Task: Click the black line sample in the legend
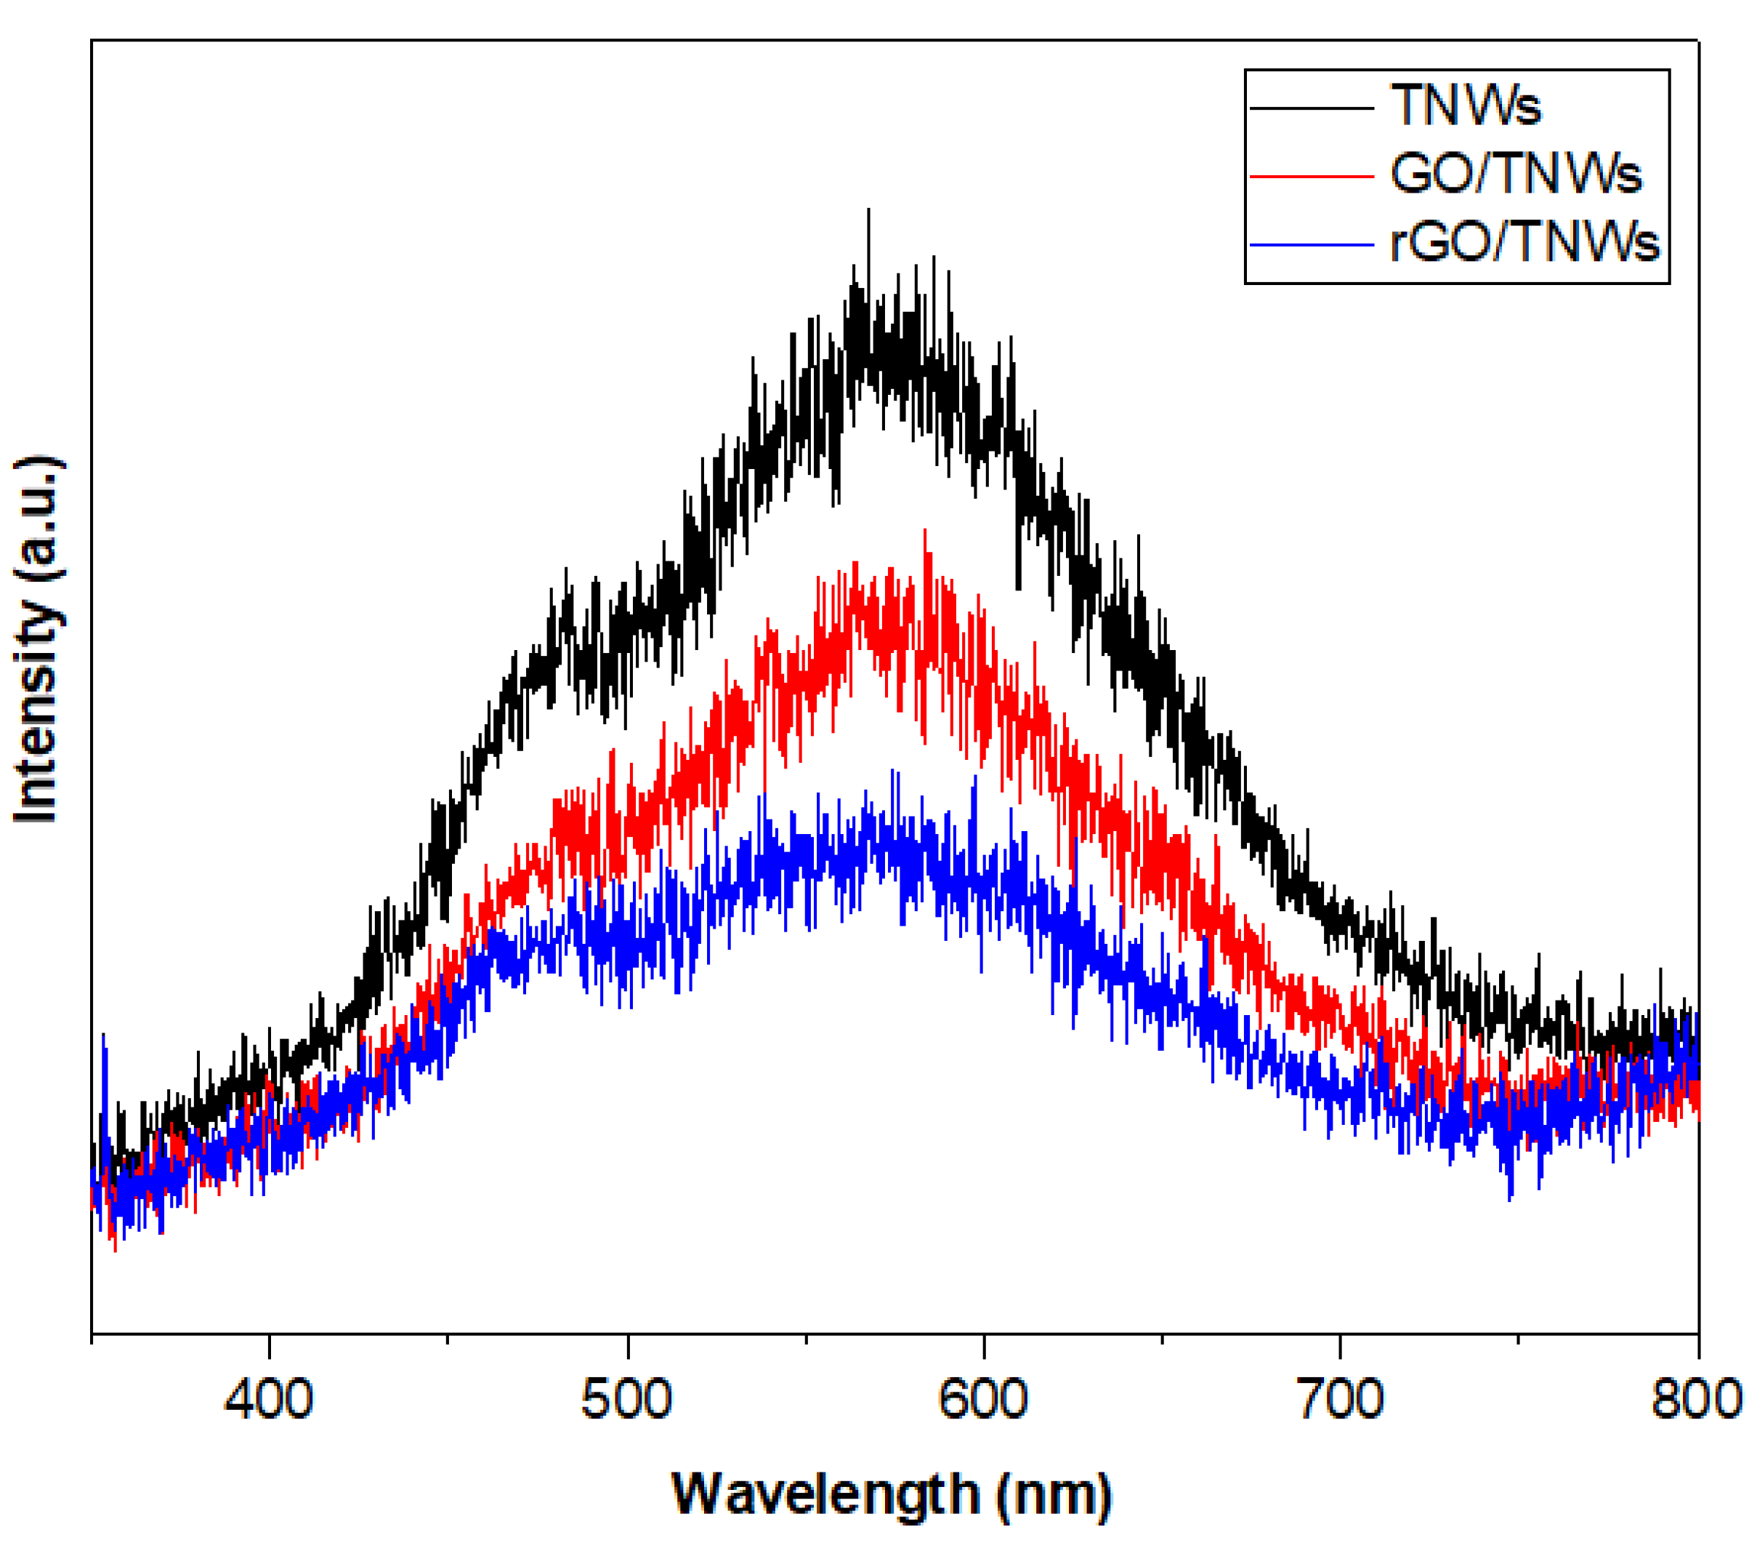(x=1311, y=108)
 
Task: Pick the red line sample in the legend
(x=1311, y=176)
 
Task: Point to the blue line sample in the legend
(x=1311, y=245)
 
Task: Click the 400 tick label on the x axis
(x=268, y=1399)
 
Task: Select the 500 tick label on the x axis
(x=626, y=1399)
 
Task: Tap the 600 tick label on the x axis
(x=982, y=1399)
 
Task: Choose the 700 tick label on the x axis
(x=1340, y=1399)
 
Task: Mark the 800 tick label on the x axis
(x=1695, y=1399)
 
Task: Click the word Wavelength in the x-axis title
(x=825, y=1494)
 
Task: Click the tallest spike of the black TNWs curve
(x=868, y=212)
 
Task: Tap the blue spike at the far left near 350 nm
(x=104, y=1037)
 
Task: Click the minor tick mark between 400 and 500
(x=447, y=1338)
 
